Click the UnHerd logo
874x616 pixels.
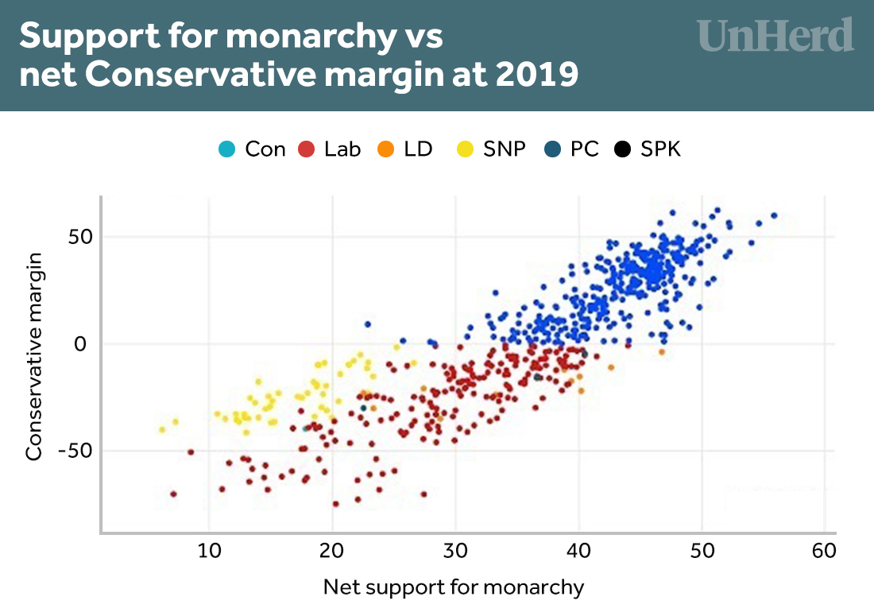775,36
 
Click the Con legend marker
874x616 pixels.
226,149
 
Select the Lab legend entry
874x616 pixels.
330,149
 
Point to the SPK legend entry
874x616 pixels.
649,149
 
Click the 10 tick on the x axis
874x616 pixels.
208,549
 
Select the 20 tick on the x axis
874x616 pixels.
332,549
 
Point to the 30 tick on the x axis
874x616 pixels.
455,549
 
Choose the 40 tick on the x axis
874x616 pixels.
578,549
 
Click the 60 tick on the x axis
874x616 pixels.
825,549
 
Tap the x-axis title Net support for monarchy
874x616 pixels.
454,588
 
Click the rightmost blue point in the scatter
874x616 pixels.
774,215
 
